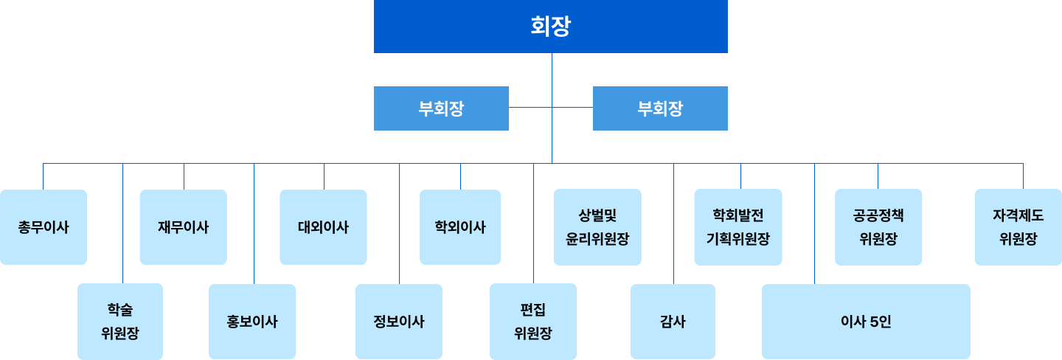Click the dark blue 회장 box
551,27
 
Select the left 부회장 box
441,108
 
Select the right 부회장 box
660,108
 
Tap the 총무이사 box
44,227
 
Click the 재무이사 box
183,227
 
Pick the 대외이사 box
323,227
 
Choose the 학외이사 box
460,227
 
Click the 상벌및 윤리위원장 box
597,227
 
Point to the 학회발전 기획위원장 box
737,227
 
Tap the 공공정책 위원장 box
878,227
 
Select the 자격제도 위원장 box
1018,227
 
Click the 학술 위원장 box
120,322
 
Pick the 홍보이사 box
252,322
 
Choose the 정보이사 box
399,322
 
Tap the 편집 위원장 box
533,322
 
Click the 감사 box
673,322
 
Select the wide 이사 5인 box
866,322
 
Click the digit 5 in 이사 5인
873,322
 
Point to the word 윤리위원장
597,239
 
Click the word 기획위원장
737,239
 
